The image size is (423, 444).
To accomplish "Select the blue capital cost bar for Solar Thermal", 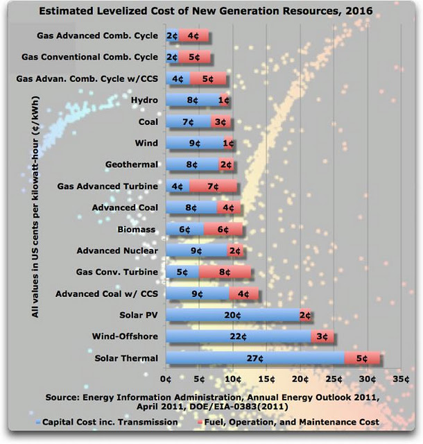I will pyautogui.click(x=254, y=358).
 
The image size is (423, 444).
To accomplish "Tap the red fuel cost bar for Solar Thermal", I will pyautogui.click(x=363, y=358).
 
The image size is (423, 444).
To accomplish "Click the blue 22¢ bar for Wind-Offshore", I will pyautogui.click(x=238, y=336).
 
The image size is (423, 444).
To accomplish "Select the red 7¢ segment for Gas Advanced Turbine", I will pyautogui.click(x=214, y=186).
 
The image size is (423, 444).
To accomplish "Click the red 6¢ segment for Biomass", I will pyautogui.click(x=223, y=229).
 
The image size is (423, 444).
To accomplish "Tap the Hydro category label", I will pyautogui.click(x=144, y=101).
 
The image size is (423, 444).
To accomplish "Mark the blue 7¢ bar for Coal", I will pyautogui.click(x=188, y=121).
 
